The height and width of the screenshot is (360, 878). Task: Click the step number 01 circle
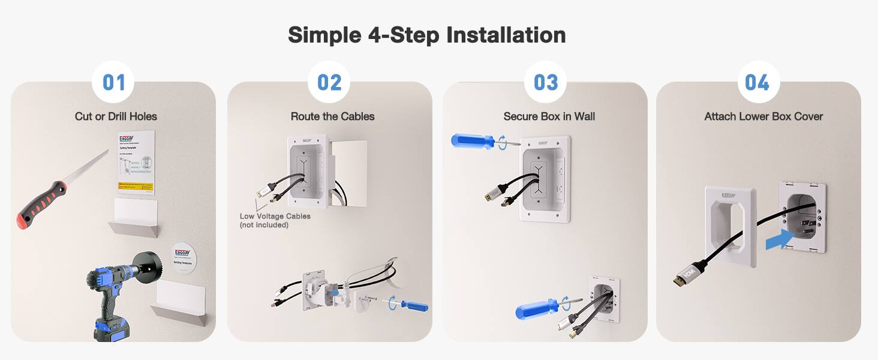click(113, 82)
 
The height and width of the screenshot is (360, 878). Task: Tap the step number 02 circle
click(329, 82)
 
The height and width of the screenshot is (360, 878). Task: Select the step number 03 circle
click(545, 82)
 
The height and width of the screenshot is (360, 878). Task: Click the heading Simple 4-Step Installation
click(426, 35)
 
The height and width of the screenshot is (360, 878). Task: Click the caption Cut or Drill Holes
click(116, 116)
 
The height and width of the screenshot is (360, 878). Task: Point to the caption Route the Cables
click(332, 116)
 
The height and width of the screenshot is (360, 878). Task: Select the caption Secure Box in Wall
click(549, 116)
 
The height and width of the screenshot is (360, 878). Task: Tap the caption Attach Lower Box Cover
click(763, 116)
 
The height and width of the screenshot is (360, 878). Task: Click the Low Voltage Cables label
click(275, 220)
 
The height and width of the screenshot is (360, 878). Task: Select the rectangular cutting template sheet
click(136, 162)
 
